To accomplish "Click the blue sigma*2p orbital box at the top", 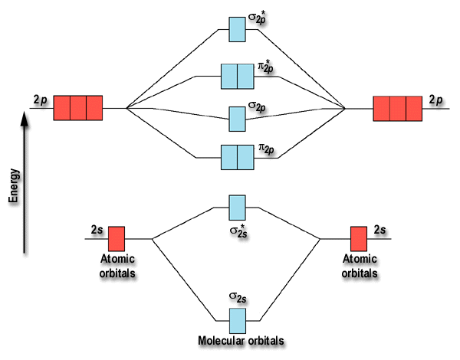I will point(238,28).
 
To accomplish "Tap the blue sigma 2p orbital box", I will point(238,119).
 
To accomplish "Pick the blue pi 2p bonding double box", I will point(237,157).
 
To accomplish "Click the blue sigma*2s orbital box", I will point(238,207).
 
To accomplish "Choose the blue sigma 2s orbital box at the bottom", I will point(238,320).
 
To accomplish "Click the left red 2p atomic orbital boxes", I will point(77,109).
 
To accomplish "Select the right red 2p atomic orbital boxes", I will point(397,109).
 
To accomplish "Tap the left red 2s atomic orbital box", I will point(116,238).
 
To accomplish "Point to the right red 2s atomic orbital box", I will point(358,238).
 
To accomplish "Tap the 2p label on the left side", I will point(41,100).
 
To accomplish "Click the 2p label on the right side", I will point(436,100).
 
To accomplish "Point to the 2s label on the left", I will point(97,229).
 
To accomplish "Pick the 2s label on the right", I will point(380,229).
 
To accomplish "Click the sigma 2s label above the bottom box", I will point(237,296).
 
